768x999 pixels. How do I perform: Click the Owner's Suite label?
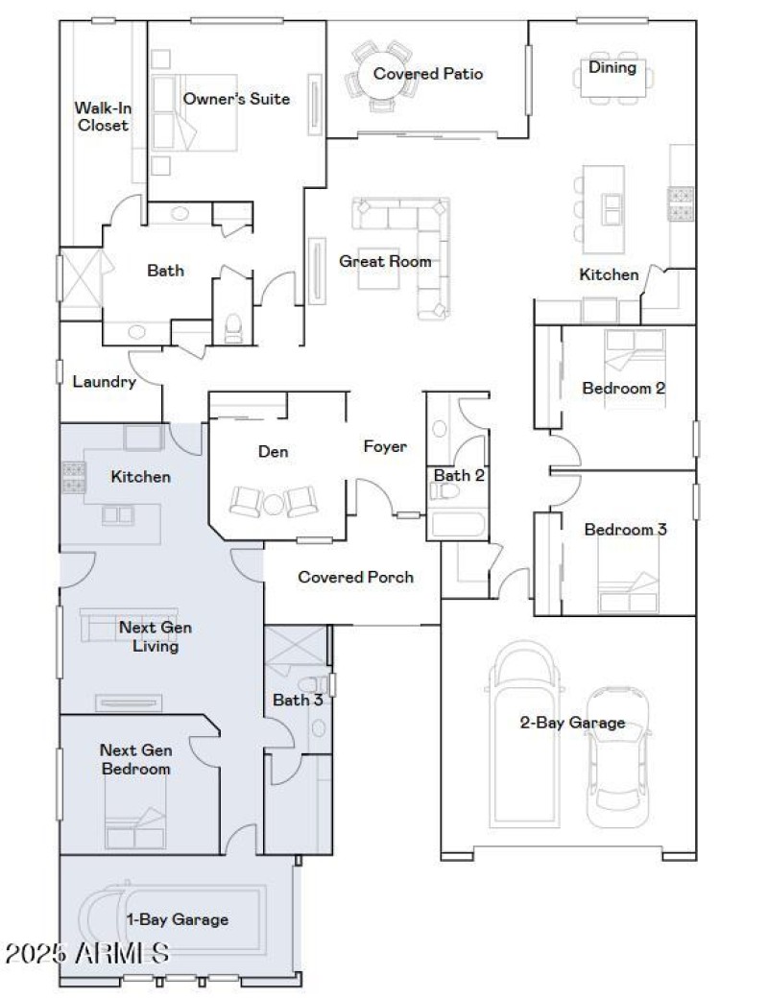point(236,99)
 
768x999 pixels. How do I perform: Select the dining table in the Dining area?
point(612,83)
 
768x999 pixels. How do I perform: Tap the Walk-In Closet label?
point(103,116)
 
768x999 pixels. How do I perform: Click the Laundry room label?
point(105,381)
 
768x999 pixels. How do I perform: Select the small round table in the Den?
point(273,502)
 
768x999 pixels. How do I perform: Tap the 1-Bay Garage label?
point(179,919)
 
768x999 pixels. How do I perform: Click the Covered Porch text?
point(355,577)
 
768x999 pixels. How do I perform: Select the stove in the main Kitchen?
point(682,203)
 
